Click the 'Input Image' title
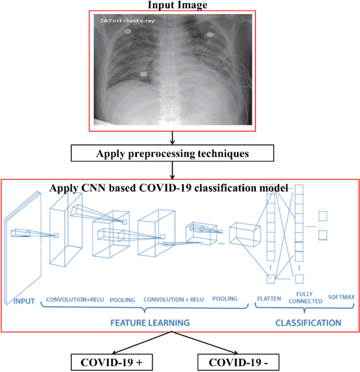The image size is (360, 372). [177, 5]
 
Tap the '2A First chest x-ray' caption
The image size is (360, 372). [127, 21]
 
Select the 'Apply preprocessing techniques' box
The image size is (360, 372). [172, 153]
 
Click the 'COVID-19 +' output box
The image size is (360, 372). [112, 362]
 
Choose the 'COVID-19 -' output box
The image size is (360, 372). [238, 362]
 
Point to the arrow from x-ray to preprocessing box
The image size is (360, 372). [172, 138]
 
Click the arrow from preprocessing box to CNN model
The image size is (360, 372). [172, 171]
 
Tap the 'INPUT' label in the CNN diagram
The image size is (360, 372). [24, 301]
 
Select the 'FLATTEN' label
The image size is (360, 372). [269, 299]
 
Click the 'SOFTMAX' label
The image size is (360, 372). [341, 297]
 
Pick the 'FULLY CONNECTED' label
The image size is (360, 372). [305, 297]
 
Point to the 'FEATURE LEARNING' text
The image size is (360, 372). [150, 323]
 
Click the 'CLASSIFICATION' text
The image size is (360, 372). [308, 323]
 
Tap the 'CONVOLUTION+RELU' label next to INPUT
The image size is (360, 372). [75, 300]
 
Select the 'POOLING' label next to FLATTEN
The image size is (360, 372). [225, 299]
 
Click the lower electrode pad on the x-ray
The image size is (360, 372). [143, 74]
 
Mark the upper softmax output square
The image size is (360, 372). [323, 216]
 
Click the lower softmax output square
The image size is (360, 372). [323, 235]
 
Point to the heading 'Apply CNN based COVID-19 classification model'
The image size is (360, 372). [169, 188]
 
